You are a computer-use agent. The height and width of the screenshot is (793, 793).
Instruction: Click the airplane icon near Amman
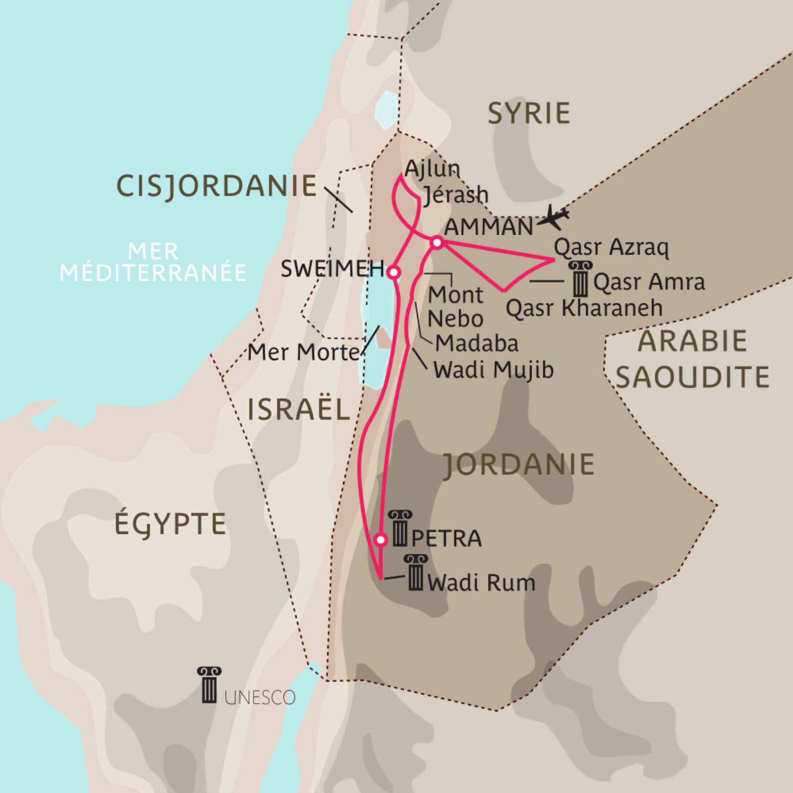[554, 217]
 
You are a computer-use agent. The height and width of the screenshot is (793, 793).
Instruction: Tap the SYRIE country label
[529, 113]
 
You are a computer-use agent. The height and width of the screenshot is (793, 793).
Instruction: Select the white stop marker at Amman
[437, 242]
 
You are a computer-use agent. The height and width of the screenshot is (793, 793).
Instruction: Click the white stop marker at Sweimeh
[393, 272]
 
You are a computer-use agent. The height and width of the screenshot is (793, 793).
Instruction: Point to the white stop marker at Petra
[380, 539]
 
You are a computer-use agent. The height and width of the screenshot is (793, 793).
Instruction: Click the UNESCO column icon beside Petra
[400, 528]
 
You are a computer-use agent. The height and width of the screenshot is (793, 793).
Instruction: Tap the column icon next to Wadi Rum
[415, 573]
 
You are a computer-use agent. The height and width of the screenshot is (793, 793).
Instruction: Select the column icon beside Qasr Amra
[580, 279]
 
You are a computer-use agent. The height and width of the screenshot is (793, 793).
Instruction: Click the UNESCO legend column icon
[209, 685]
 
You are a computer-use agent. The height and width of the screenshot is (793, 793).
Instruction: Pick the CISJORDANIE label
[217, 186]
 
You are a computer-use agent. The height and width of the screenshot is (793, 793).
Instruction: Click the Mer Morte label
[303, 353]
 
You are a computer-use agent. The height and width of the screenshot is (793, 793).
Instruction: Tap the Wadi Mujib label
[493, 370]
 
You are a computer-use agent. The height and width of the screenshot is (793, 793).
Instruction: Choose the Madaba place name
[477, 343]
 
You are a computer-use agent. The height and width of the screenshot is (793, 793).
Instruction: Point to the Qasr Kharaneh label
[584, 308]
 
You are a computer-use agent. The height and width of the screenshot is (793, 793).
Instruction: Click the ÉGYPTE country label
[170, 524]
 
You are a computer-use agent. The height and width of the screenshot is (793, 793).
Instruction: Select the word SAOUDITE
[692, 377]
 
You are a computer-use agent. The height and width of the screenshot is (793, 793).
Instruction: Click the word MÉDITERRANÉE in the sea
[153, 273]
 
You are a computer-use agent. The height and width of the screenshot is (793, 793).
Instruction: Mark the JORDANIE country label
[518, 464]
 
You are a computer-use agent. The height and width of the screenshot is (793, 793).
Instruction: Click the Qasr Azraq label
[611, 247]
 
